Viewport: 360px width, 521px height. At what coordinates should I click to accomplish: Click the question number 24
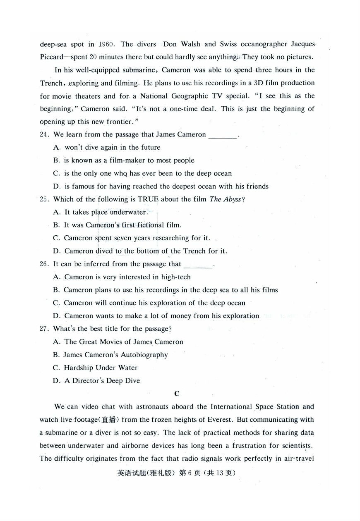[x=45, y=134]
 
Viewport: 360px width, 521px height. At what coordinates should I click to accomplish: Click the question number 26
[x=45, y=264]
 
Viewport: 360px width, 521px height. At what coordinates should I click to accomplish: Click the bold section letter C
[x=177, y=394]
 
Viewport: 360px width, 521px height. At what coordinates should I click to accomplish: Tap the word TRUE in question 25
[x=148, y=199]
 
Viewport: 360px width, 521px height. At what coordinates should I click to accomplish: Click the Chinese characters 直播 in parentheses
[x=110, y=420]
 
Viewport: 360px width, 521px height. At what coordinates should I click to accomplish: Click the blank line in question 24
[x=223, y=136]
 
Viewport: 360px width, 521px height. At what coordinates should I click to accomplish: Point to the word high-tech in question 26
[x=176, y=277]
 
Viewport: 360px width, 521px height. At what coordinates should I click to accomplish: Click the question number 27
[x=45, y=329]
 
